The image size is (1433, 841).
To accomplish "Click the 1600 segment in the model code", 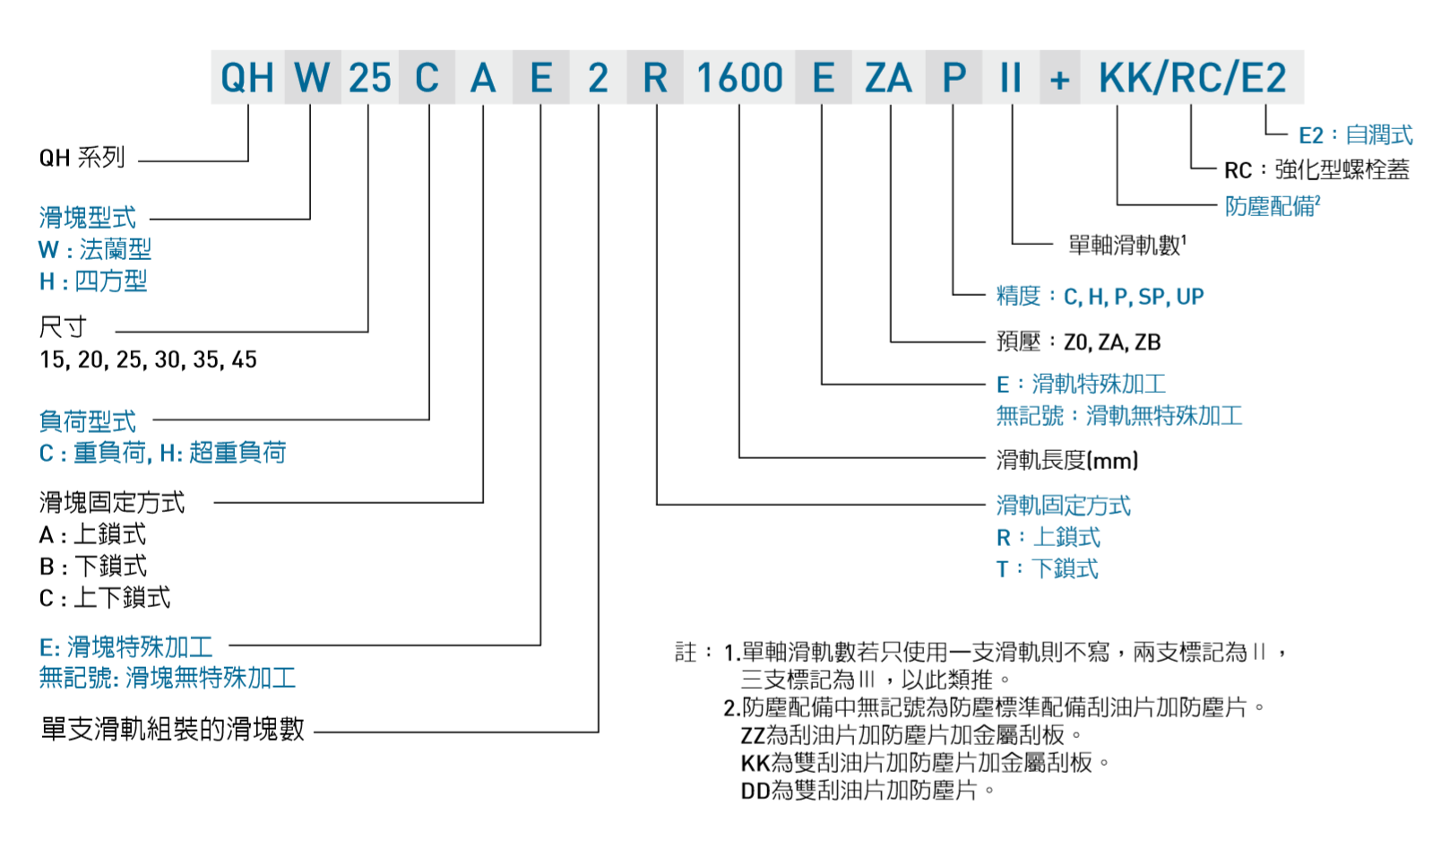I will [x=739, y=78].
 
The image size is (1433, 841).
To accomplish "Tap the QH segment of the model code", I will [x=246, y=78].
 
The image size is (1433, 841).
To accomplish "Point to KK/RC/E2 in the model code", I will [x=1192, y=78].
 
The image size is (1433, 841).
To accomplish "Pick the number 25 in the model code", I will [x=369, y=78].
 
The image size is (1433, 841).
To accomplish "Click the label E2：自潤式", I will [x=1355, y=135].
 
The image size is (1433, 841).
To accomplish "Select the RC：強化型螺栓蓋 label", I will [x=1316, y=170].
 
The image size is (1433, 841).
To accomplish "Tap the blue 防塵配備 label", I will [x=1272, y=206].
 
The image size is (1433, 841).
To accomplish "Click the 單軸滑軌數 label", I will [x=1127, y=245].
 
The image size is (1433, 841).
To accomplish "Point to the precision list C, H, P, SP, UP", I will [x=1133, y=297].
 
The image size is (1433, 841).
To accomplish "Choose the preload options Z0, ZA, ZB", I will [x=1111, y=342].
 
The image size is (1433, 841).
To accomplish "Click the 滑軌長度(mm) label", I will [x=1066, y=461].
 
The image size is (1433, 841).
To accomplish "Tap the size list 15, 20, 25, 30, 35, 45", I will [x=148, y=360].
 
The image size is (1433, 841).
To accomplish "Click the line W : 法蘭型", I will [x=95, y=249].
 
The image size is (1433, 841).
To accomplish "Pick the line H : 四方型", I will [x=92, y=282].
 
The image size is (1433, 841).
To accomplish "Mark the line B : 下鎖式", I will [x=92, y=567].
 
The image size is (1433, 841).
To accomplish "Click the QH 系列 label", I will [x=82, y=158].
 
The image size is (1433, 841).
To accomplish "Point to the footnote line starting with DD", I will [x=867, y=791].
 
